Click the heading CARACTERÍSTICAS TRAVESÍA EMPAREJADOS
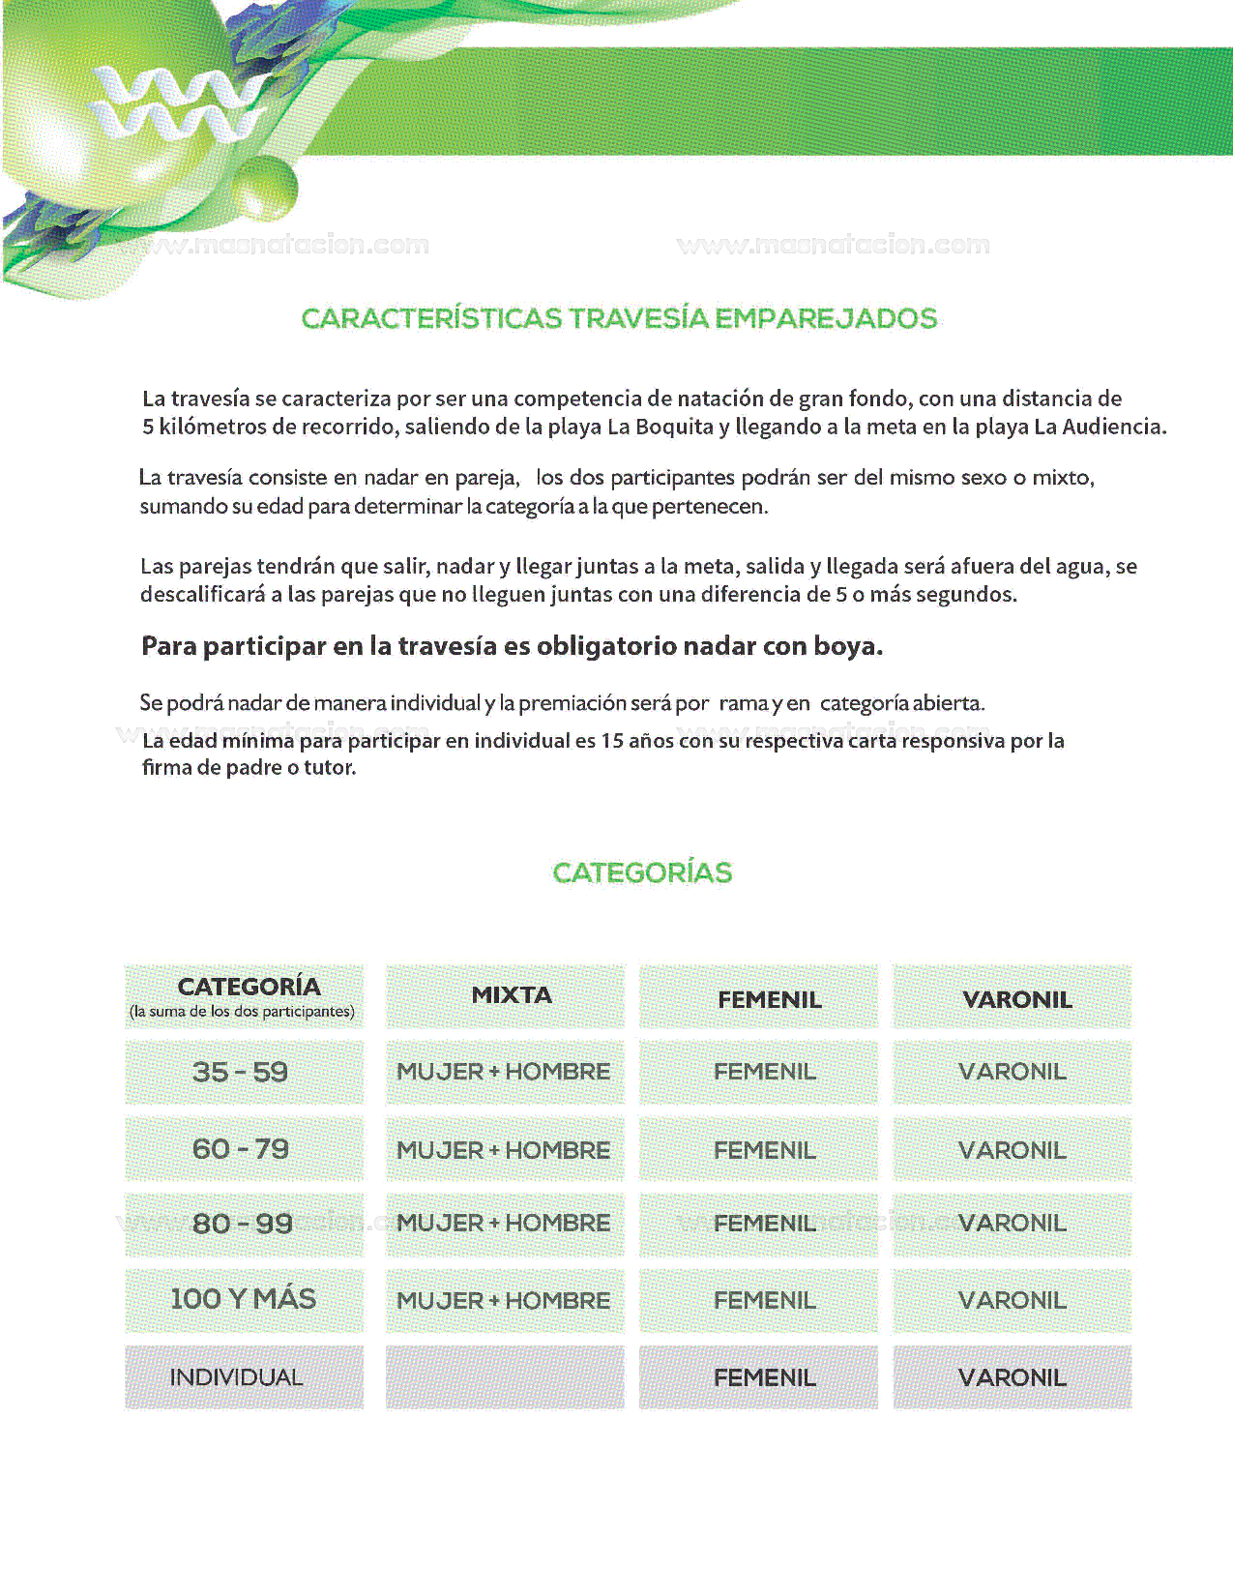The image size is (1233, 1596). point(619,318)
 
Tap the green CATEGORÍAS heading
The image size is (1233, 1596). point(642,872)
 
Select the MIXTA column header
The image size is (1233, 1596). point(511,995)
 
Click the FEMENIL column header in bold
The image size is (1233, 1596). point(769,999)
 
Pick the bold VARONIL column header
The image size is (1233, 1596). point(1017,999)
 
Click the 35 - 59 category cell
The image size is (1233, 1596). point(240,1072)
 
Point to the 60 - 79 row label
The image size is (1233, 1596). point(240,1149)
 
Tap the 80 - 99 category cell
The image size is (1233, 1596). point(242,1224)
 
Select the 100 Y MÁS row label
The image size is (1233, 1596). point(243,1299)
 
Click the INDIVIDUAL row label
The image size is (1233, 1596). point(236,1377)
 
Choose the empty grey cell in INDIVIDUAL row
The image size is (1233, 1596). point(505,1377)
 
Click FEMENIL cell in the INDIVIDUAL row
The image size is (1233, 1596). point(764,1377)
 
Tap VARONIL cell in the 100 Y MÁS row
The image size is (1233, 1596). point(1012,1300)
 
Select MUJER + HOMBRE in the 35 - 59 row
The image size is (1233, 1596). point(503,1072)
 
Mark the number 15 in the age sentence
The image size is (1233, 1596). point(612,741)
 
